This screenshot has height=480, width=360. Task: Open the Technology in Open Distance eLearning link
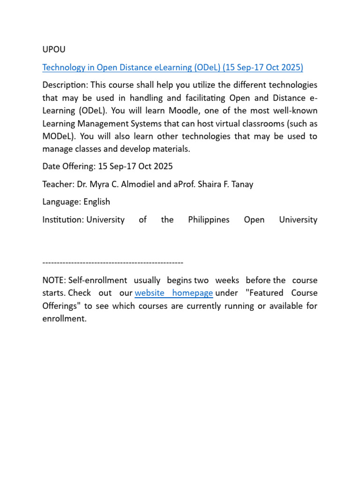[172, 67]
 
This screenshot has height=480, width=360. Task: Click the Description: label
[65, 85]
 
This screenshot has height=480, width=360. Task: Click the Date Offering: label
[69, 166]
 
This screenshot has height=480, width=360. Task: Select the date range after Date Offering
[135, 166]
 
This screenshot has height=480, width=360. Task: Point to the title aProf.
[185, 184]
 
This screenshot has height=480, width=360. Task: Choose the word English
[97, 202]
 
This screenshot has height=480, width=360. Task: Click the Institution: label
[63, 220]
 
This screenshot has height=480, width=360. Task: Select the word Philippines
[209, 220]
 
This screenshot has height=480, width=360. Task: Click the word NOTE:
[54, 280]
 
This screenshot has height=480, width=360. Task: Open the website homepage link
[174, 293]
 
